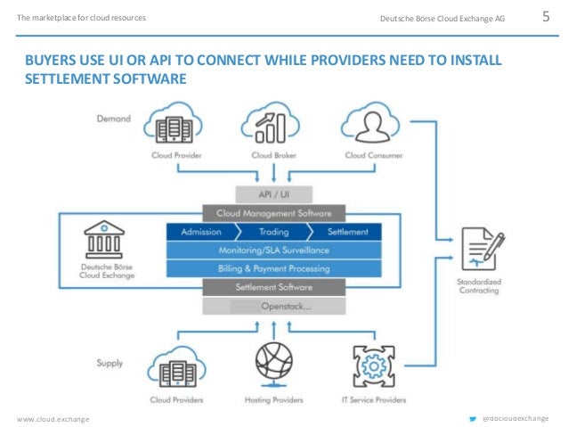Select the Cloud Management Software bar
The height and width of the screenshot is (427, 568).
point(272,214)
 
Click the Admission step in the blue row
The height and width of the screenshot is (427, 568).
point(200,232)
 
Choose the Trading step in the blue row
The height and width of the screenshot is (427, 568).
point(273,232)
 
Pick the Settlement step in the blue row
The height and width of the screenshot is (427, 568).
point(347,232)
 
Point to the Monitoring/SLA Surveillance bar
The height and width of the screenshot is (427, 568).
point(273,250)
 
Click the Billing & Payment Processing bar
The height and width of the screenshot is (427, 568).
point(273,268)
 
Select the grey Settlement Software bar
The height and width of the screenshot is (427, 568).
point(273,287)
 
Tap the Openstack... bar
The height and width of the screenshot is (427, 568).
point(273,306)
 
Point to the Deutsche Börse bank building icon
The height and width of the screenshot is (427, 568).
point(106,240)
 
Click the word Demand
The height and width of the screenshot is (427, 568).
point(112,118)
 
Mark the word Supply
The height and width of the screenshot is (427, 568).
point(111,363)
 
